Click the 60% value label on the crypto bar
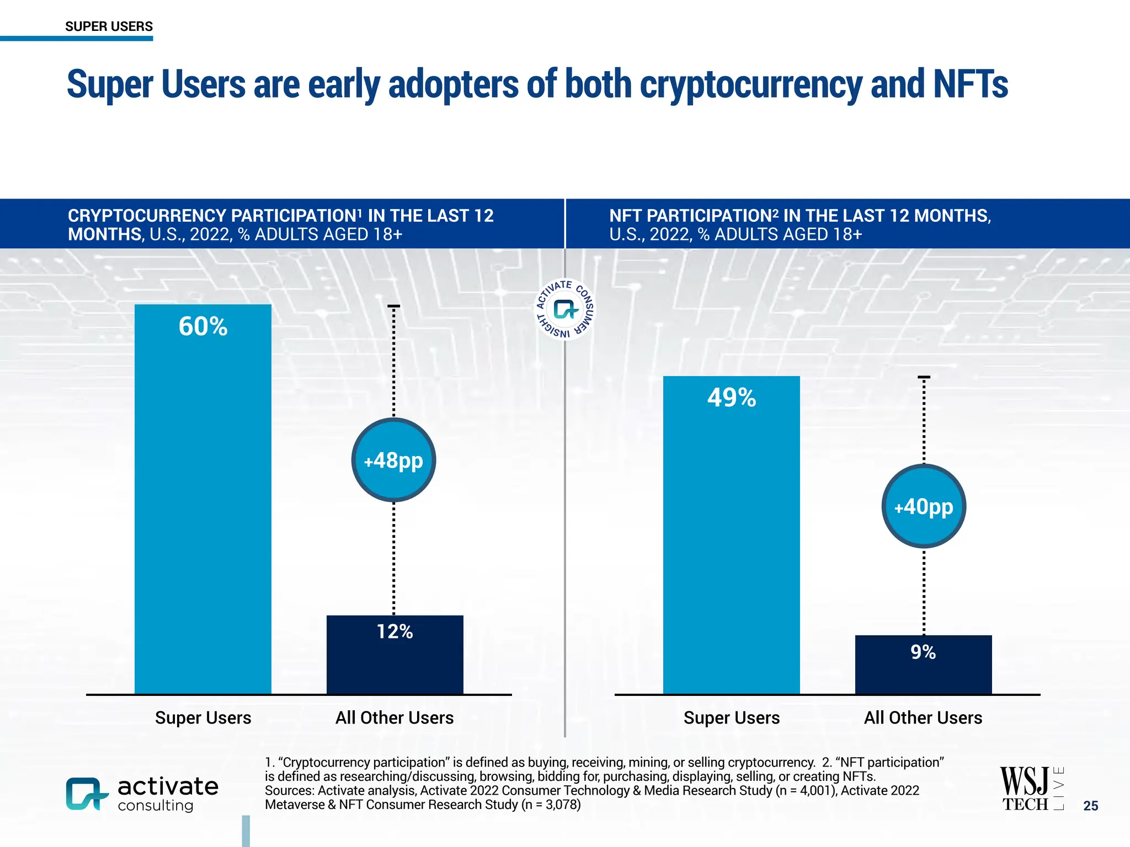coord(203,326)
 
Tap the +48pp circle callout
coord(393,460)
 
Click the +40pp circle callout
coord(924,506)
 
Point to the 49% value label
coord(732,398)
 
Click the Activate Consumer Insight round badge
coord(565,309)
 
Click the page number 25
coord(1090,806)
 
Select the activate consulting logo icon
coord(86,794)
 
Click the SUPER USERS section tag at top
coord(109,26)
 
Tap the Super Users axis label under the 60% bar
coord(203,717)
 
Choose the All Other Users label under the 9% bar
coord(923,717)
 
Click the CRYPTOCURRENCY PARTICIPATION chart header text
coord(215,216)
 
